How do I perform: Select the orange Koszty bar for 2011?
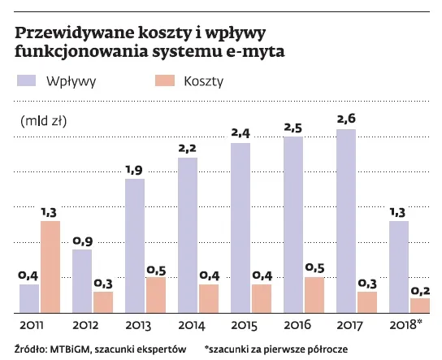[x=50, y=267]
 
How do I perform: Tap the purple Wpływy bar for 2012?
[x=81, y=280]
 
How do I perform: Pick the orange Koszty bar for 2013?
[x=156, y=294]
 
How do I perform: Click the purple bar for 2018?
[x=398, y=267]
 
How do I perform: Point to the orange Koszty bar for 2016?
[x=314, y=294]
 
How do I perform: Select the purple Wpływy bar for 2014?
[x=188, y=235]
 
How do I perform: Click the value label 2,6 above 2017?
[x=345, y=119]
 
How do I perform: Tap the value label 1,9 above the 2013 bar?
[x=134, y=169]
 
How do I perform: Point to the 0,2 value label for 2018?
[x=419, y=289]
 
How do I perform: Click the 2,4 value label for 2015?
[x=240, y=133]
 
